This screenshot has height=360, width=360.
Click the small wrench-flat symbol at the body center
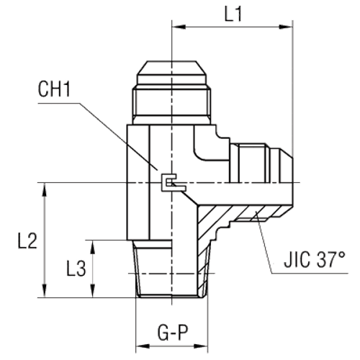click(171, 185)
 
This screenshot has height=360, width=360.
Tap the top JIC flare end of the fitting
click(171, 73)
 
